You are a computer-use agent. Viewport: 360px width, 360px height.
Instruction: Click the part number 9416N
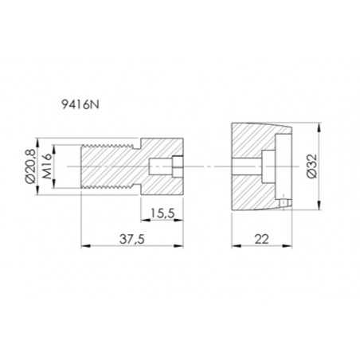click(80, 104)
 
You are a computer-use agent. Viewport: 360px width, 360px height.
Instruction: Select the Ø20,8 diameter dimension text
click(30, 166)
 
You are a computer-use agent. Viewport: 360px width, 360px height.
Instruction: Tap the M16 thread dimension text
click(47, 166)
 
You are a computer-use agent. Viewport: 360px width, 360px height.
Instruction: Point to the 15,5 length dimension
click(162, 213)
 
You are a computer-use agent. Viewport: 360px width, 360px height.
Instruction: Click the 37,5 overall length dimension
click(132, 239)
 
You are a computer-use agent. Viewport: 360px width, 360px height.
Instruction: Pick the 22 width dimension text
click(262, 239)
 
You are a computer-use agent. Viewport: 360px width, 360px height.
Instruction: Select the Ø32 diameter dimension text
click(312, 166)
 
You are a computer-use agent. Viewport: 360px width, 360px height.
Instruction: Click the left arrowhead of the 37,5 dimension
click(85, 246)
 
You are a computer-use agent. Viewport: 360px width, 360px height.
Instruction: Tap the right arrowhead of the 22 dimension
click(288, 246)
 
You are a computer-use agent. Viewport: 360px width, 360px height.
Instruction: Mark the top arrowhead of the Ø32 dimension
click(320, 127)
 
